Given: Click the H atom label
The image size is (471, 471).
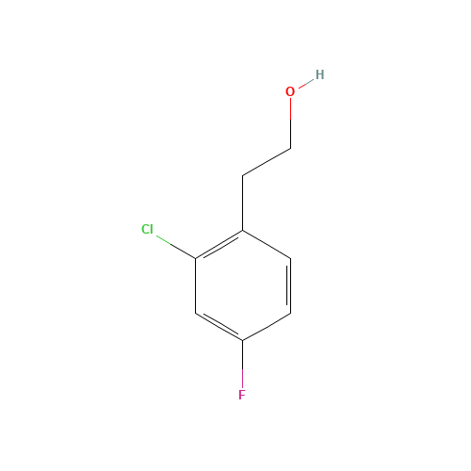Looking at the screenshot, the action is (319, 74).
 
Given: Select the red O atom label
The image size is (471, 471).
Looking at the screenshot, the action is (290, 91).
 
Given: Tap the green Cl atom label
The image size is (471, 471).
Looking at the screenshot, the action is (147, 229).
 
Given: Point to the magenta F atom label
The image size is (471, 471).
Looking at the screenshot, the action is (241, 395).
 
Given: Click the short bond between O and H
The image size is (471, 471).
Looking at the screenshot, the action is (306, 83).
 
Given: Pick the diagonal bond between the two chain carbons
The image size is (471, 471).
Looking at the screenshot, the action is (267, 162).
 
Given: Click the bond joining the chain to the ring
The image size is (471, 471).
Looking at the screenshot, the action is (243, 203).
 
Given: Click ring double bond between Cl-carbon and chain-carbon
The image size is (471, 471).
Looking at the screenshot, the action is (219, 245).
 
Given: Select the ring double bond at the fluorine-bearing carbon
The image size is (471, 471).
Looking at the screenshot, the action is (219, 327).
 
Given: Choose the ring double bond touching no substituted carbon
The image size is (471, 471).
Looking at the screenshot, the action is (290, 285).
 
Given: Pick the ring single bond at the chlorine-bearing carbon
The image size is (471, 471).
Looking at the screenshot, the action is (196, 285).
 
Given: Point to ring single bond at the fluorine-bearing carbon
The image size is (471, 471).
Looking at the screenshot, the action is (267, 327).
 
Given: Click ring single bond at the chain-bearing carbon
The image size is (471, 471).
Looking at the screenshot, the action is (267, 245).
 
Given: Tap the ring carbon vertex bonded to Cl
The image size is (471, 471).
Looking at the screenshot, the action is (196, 258).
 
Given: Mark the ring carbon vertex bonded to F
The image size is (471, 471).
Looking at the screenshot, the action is (243, 340).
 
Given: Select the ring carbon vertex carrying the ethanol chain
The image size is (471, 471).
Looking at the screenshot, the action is (243, 231).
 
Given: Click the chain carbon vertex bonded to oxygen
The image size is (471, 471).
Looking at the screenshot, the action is (290, 148).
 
